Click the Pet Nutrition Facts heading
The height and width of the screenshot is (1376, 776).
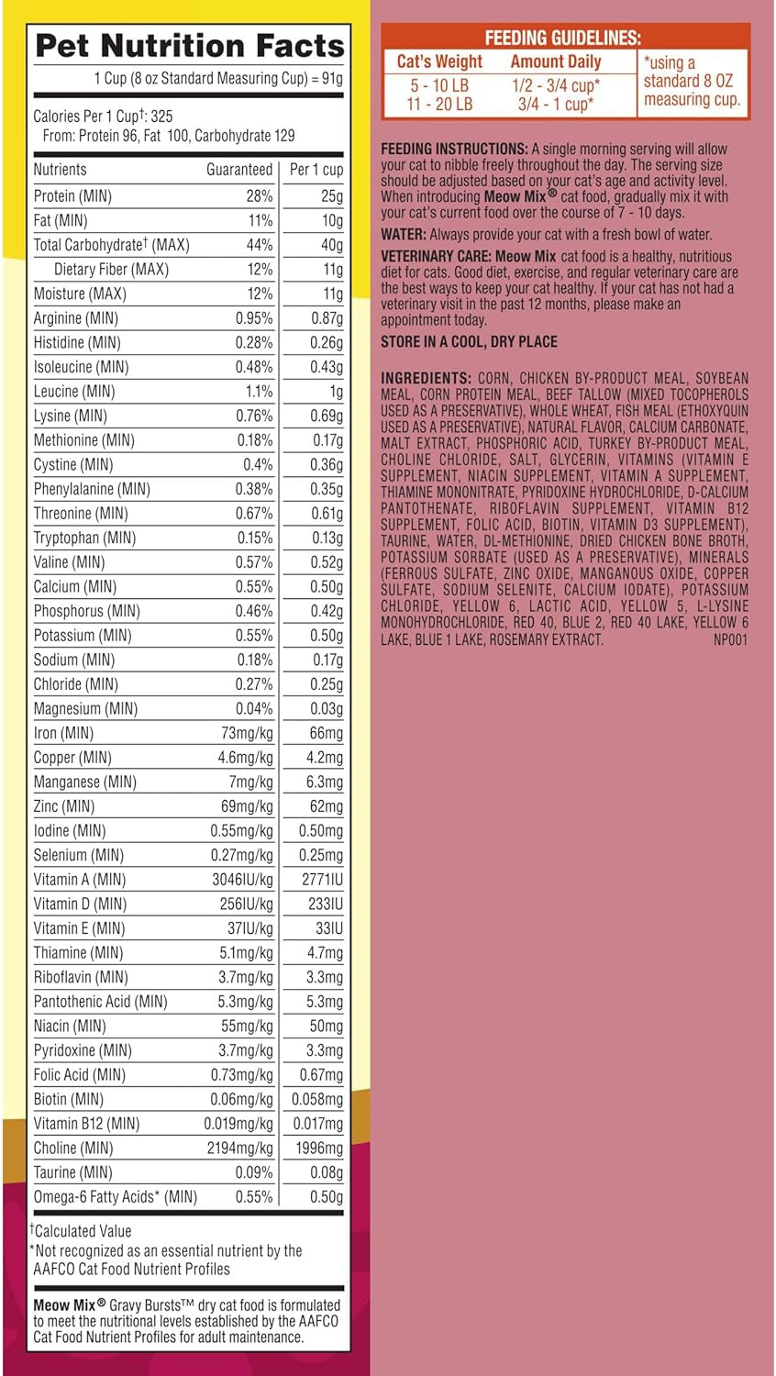(x=189, y=45)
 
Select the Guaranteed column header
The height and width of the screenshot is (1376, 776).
(x=239, y=170)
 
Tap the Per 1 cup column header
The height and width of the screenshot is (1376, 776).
(x=316, y=170)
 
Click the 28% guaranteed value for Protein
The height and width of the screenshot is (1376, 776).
(x=260, y=196)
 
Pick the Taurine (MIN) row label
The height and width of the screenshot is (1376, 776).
(x=73, y=1172)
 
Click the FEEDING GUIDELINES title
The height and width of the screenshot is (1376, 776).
(x=562, y=38)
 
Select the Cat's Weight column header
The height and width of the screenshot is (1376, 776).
(x=439, y=62)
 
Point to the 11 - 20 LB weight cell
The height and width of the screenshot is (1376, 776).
(x=439, y=105)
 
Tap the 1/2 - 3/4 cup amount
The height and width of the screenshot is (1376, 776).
(x=556, y=85)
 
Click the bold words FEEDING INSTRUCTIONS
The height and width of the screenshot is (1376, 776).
(x=454, y=149)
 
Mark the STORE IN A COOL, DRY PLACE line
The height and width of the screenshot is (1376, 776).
(x=469, y=342)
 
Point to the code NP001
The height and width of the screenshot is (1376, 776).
(x=730, y=639)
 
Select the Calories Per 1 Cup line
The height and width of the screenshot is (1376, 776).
(x=103, y=117)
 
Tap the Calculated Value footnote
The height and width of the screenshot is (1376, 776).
(x=83, y=1231)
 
